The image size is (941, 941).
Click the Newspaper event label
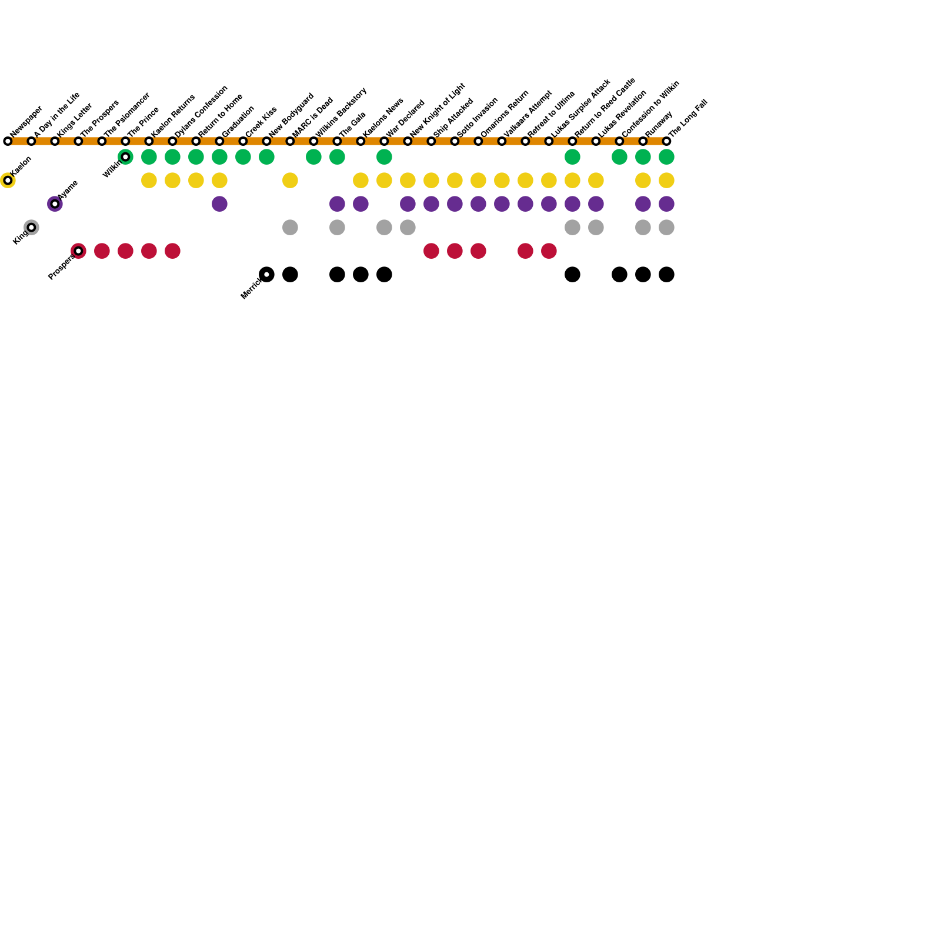coord(26,121)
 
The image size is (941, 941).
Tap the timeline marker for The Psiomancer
coord(102,141)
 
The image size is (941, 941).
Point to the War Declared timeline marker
coord(384,141)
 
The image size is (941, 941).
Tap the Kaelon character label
coord(21,166)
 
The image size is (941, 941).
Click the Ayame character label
coord(68,190)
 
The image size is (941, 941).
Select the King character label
coord(20,237)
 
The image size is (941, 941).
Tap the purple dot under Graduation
coord(219,204)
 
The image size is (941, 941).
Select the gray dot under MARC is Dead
coord(290,228)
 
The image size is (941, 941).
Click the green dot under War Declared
coord(384,157)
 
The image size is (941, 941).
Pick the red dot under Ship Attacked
coord(431,251)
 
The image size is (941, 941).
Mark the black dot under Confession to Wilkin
coord(619,275)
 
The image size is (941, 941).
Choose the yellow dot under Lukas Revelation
coord(596,181)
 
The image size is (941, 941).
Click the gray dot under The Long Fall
coord(666,228)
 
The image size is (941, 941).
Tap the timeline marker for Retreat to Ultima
coord(525,141)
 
